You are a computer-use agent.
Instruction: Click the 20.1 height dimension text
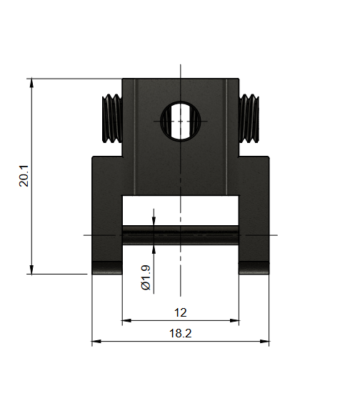[x=24, y=176]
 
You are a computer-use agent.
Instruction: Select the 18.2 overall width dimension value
[x=180, y=333]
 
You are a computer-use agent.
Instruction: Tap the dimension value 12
[x=180, y=312]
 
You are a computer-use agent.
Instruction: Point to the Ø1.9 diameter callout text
[x=146, y=277]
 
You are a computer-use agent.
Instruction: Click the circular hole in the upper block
[x=180, y=121]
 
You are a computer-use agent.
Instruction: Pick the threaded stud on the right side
[x=249, y=119]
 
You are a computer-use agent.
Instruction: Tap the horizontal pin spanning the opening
[x=180, y=235]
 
